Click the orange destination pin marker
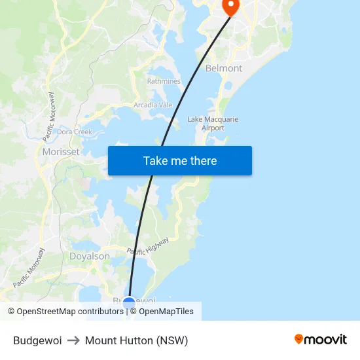click(x=231, y=7)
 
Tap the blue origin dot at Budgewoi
click(x=129, y=303)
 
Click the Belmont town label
click(x=224, y=68)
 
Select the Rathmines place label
click(x=164, y=81)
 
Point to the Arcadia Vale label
click(x=153, y=105)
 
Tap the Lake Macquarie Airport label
click(x=213, y=124)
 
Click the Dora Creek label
click(x=74, y=132)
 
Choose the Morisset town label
click(x=60, y=152)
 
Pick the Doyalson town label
click(x=90, y=257)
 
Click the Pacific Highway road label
click(x=148, y=246)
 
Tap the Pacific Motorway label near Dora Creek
click(x=50, y=117)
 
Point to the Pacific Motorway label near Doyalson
click(x=29, y=268)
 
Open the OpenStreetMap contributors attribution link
click(x=65, y=312)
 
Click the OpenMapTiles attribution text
click(x=166, y=312)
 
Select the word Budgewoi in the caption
click(x=37, y=340)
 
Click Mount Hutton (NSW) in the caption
click(x=136, y=340)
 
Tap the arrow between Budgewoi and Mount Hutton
click(x=73, y=340)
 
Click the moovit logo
click(x=320, y=339)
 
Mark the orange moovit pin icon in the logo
click(x=299, y=339)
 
